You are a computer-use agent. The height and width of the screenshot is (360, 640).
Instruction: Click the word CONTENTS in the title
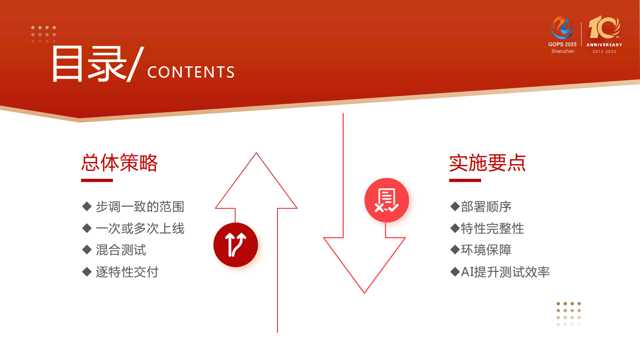[191, 72]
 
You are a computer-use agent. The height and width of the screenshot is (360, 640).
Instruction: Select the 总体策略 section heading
[119, 163]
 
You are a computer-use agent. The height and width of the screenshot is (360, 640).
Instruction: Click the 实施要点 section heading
[488, 163]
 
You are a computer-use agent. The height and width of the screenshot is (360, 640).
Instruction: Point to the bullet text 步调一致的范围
[140, 207]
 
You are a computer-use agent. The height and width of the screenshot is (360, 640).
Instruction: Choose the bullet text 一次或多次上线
[140, 228]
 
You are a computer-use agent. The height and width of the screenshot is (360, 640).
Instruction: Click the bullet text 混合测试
[121, 250]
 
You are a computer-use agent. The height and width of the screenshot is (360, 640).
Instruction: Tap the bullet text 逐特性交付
[127, 272]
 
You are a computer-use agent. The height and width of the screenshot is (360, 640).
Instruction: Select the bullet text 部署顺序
[486, 207]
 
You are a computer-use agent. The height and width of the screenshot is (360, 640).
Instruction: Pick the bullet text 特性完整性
[492, 228]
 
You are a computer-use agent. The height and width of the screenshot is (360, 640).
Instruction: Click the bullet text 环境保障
[486, 250]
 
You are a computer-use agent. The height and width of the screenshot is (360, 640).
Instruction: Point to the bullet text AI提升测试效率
[505, 272]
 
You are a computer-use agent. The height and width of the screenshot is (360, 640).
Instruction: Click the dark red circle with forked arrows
[236, 245]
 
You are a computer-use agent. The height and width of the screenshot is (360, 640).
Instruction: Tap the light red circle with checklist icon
[386, 200]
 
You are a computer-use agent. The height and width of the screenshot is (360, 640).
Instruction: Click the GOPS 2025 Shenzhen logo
[563, 35]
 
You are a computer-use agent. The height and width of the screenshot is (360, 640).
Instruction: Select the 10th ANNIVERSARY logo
[604, 34]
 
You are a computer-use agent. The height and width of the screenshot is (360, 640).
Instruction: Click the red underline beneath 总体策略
[97, 180]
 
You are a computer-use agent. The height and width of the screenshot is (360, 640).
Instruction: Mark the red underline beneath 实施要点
[465, 180]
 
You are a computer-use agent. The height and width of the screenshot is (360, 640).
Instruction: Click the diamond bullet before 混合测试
[87, 250]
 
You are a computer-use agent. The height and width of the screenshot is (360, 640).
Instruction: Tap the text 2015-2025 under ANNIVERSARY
[604, 52]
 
